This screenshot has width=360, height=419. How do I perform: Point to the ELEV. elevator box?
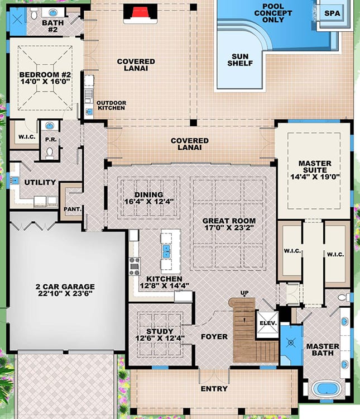[x=265, y=323]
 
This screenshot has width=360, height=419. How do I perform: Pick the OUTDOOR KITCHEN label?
[x=112, y=106]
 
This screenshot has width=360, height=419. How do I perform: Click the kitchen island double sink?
[x=166, y=251]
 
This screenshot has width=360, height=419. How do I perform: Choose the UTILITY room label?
[x=40, y=182]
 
